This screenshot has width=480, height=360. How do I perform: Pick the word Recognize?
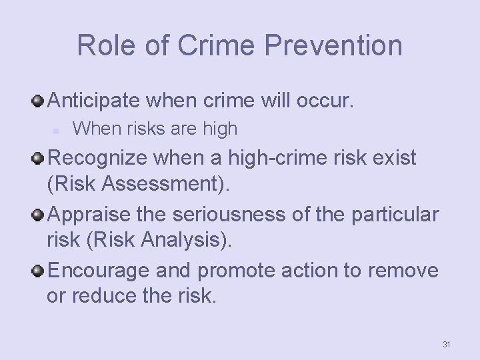(100, 159)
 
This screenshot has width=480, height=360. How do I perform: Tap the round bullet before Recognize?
(39, 157)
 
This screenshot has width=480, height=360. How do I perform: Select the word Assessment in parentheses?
(176, 183)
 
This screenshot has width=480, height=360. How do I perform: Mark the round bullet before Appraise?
(39, 214)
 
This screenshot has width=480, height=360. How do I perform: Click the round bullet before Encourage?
(39, 270)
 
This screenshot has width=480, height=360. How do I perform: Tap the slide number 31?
(447, 344)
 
